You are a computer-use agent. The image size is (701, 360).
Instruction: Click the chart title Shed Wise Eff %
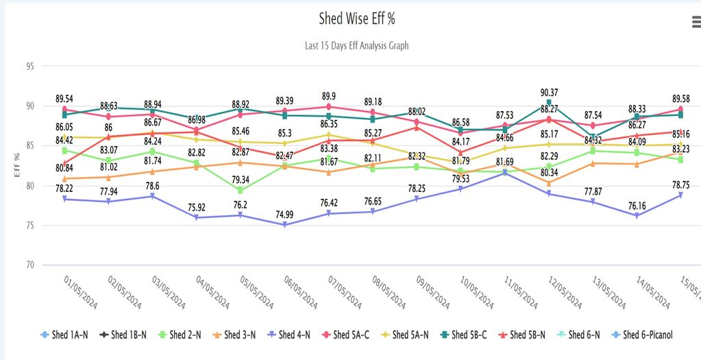pos(356,19)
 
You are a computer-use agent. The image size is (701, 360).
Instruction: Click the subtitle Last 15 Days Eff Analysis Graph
pos(356,45)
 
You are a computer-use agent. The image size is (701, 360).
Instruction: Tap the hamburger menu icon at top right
pos(696,23)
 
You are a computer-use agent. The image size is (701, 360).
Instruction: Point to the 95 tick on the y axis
pos(30,67)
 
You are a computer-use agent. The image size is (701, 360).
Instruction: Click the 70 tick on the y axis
pos(30,265)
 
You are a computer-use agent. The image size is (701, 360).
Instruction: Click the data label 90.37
pos(549,93)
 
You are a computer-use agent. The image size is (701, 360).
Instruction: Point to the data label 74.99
pos(284,214)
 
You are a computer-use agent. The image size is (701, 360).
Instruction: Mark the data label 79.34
pos(240,180)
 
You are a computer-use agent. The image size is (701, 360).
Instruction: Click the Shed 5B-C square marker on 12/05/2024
pos(549,103)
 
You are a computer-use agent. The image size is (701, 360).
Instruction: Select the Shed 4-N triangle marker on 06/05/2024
pos(284,224)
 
